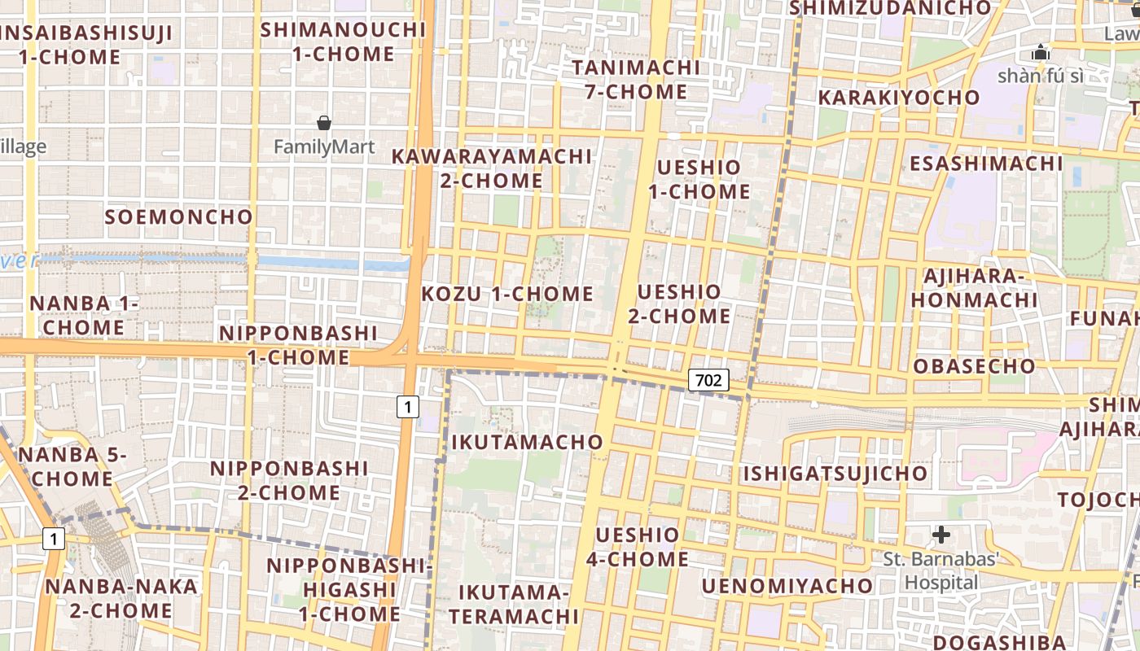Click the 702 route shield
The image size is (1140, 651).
click(708, 379)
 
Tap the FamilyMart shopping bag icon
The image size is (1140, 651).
click(324, 123)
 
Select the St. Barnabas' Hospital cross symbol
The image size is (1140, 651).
click(941, 535)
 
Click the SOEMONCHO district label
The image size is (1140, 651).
click(179, 217)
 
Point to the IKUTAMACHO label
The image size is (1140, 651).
click(527, 443)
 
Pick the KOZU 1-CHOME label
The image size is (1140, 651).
click(507, 294)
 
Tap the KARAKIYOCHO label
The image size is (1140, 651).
click(899, 98)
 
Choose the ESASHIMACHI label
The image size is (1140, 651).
click(986, 164)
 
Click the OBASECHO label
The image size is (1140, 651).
click(974, 366)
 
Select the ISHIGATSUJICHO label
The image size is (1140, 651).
click(835, 474)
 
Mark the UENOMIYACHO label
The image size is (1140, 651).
click(787, 586)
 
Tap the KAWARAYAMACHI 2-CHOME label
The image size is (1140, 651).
click(492, 168)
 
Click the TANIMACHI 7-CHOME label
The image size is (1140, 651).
click(636, 79)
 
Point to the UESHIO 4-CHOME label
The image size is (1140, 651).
click(638, 547)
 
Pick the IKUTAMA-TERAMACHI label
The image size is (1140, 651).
click(513, 604)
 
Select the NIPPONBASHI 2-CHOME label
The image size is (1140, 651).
click(289, 480)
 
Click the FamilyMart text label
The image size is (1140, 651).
click(324, 147)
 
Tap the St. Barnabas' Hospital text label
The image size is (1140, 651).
click(941, 571)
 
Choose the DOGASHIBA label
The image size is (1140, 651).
click(999, 642)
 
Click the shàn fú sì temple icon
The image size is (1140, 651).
click(1041, 53)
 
